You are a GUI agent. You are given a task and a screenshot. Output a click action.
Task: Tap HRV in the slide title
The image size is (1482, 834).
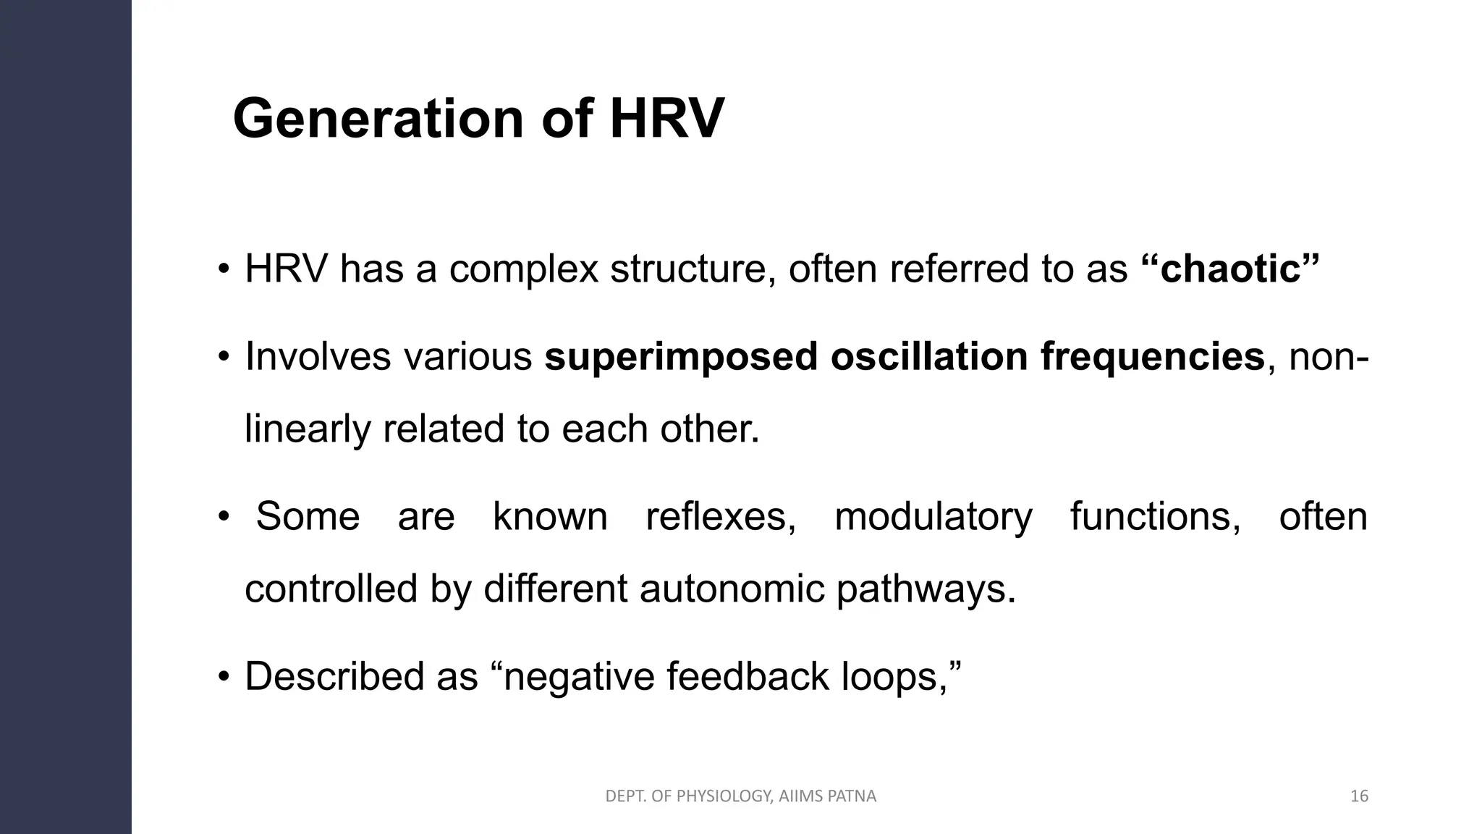click(666, 119)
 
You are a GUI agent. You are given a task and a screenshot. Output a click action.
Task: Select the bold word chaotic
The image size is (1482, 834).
click(1230, 269)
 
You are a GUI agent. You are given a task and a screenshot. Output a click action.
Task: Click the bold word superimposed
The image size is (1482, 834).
click(681, 357)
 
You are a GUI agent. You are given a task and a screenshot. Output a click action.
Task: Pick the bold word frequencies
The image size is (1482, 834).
click(1152, 357)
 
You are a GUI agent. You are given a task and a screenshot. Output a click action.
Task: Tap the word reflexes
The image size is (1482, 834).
click(720, 517)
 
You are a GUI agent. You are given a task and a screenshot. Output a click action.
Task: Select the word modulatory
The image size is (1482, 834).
click(933, 517)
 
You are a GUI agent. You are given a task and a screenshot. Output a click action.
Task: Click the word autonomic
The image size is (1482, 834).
click(732, 589)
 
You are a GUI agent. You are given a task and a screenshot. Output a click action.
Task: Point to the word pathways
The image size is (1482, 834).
click(926, 589)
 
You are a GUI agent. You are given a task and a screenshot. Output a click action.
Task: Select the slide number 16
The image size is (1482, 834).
click(1359, 796)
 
